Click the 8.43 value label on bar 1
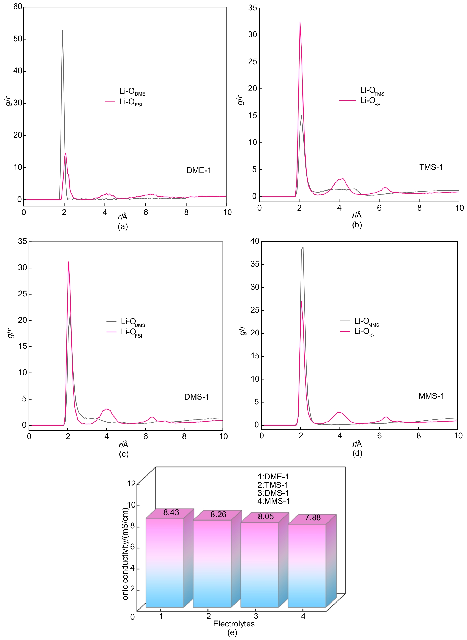coord(171,512)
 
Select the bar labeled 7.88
coord(307,565)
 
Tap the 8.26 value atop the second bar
coord(218,515)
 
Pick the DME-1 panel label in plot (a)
coord(198,170)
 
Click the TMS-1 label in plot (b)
coord(431,167)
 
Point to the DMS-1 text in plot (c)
coord(196,397)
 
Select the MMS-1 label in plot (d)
coord(431,396)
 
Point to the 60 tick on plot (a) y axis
coord(17,7)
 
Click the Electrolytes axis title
coord(234,624)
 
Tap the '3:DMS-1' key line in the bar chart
coord(273,493)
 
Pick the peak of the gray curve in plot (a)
coord(62,30)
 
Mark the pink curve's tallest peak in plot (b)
coord(300,22)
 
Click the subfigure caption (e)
coord(232,633)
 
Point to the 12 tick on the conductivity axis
coord(131,484)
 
